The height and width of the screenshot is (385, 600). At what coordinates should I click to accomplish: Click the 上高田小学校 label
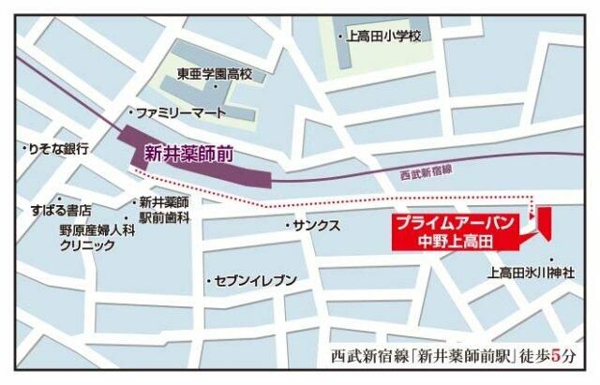(x=385, y=37)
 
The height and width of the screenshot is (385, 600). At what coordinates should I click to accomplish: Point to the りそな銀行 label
(x=58, y=149)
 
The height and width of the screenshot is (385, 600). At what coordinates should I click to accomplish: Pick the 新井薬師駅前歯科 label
(x=165, y=209)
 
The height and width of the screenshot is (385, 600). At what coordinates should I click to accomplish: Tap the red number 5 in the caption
(x=560, y=356)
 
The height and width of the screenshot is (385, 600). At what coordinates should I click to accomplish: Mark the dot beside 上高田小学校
(x=340, y=37)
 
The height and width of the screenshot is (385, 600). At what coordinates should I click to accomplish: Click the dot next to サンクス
(x=288, y=227)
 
